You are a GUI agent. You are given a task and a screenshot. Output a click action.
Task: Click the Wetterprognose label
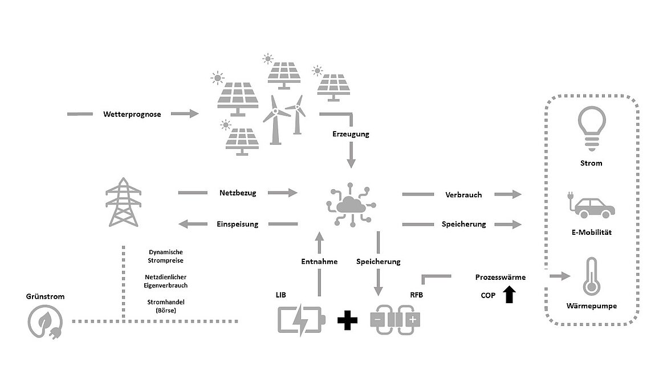(132, 115)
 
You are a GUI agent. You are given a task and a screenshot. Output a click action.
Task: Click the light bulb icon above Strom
(592, 125)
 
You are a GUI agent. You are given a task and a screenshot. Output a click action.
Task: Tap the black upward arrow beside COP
(509, 294)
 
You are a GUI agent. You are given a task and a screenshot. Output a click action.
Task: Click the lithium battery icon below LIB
(301, 320)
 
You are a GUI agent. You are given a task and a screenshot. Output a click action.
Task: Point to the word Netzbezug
(238, 193)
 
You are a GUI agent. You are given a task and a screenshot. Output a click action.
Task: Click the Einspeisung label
(237, 224)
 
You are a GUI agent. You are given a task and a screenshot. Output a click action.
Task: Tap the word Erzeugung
(351, 134)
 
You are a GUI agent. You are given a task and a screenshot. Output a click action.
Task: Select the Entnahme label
(319, 262)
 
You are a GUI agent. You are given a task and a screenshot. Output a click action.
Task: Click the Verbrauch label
(463, 194)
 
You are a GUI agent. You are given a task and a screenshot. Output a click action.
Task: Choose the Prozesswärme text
(501, 278)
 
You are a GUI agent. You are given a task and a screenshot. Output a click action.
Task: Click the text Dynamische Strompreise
(166, 256)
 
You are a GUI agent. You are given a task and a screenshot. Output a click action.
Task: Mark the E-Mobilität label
(592, 233)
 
